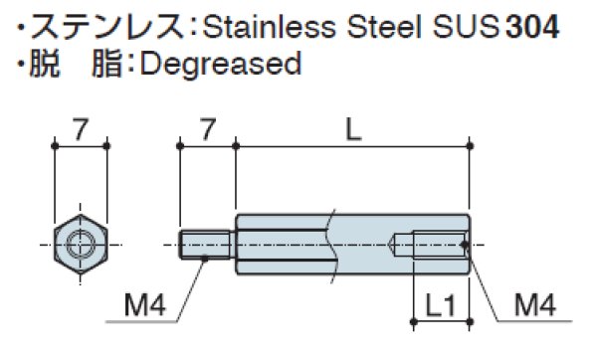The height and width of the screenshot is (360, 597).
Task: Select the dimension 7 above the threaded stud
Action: click(x=207, y=126)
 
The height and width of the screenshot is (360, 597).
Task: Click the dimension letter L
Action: click(x=352, y=126)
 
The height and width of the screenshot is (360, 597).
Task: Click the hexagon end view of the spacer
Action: click(x=80, y=243)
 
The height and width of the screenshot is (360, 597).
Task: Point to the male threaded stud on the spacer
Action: click(x=208, y=244)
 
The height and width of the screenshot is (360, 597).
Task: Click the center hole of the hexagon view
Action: click(x=80, y=243)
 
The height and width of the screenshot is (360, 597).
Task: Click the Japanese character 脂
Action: click(x=108, y=65)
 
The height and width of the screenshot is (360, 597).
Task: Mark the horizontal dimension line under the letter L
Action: click(x=352, y=145)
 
